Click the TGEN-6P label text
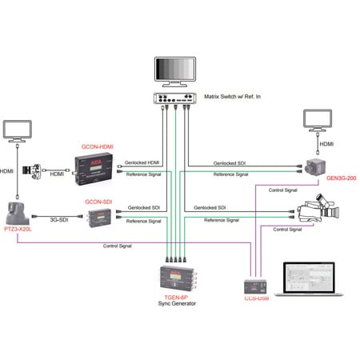tap(174, 295)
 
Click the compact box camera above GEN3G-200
tap(314, 166)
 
